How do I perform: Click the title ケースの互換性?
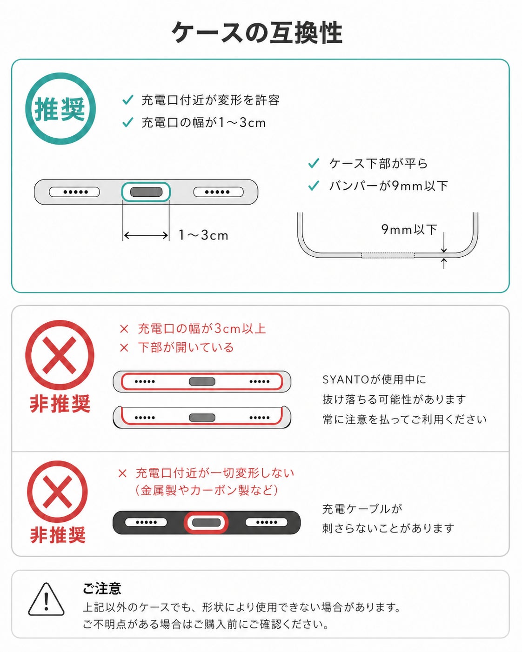[257, 33]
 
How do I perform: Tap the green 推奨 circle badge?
[60, 108]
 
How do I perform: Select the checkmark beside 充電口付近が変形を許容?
[127, 100]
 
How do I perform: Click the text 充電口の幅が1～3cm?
[203, 123]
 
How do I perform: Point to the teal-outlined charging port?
[146, 192]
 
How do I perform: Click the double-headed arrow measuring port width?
[146, 235]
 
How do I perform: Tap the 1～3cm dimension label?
[203, 235]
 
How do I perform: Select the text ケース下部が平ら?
[378, 164]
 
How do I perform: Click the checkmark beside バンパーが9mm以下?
[314, 186]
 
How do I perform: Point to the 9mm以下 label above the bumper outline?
[409, 230]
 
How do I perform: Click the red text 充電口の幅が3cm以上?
[202, 329]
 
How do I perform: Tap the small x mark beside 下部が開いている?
[124, 348]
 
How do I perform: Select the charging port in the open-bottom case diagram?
[202, 418]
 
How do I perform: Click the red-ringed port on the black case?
[206, 523]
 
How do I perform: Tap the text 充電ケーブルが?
[362, 509]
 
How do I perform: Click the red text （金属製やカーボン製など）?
[206, 490]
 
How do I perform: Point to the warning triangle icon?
[46, 599]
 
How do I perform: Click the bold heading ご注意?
[102, 588]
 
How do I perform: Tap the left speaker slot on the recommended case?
[74, 192]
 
